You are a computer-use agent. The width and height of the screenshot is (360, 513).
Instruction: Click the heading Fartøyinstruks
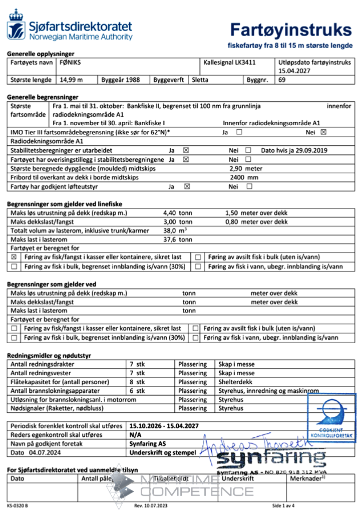click(x=291, y=30)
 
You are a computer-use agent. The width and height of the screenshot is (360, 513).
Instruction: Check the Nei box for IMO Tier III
click(x=323, y=132)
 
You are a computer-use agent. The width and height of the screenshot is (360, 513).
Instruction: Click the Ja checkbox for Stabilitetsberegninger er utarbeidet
click(x=186, y=150)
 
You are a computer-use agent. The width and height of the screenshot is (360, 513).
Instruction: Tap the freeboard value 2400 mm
click(x=244, y=177)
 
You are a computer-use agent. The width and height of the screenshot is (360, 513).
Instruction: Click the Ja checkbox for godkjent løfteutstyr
click(x=186, y=186)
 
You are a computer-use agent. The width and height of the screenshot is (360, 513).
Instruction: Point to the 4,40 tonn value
click(x=178, y=213)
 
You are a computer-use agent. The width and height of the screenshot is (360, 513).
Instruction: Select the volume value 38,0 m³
click(x=176, y=230)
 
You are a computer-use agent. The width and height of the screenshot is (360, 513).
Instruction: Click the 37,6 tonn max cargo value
click(x=178, y=239)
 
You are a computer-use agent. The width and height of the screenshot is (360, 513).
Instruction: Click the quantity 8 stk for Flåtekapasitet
click(x=137, y=382)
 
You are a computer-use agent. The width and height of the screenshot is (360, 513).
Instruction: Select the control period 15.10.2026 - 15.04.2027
click(x=164, y=426)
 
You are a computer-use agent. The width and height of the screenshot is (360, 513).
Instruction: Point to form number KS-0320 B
click(x=18, y=506)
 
